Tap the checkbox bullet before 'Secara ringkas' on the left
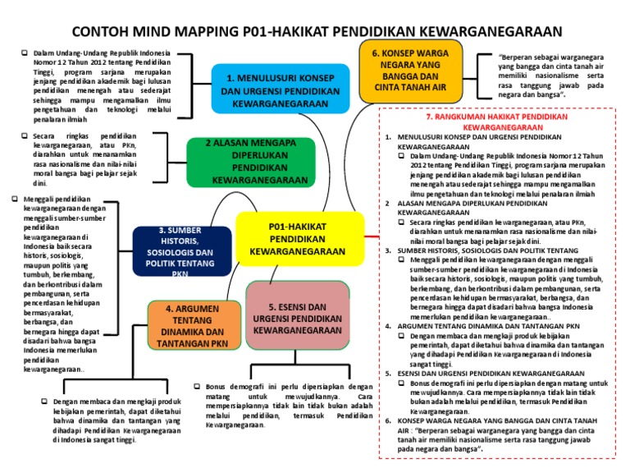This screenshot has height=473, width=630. pos(25,135)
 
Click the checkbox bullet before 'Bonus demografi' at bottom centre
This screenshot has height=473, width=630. pos(198,385)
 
